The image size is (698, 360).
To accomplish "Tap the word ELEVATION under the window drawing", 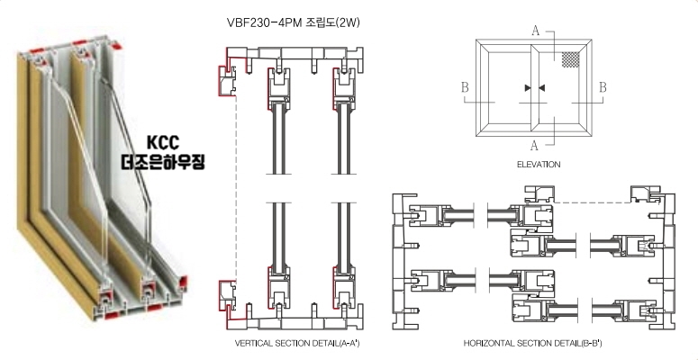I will point(539,165).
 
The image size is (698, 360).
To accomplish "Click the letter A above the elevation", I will point(536,31).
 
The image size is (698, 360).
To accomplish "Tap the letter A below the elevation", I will point(535,144).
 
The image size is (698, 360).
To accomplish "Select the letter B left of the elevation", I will point(465,87).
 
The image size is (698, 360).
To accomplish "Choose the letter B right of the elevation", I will point(603,87).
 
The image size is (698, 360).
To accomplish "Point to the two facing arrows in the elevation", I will point(534,87).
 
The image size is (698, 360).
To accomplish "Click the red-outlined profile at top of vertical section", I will point(225,76).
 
